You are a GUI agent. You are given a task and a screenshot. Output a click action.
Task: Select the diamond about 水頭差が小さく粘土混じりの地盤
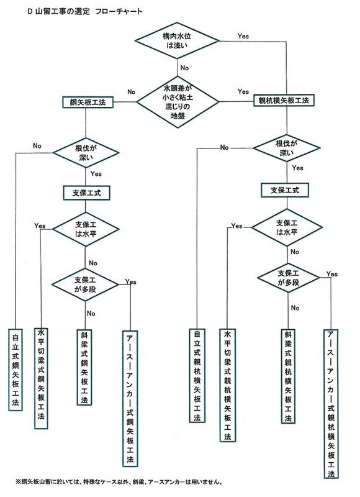pos(179,100)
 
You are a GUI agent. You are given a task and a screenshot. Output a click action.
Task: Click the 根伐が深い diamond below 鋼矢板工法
pos(86,153)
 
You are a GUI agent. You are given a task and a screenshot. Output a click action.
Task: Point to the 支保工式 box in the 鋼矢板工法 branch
pos(86,193)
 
